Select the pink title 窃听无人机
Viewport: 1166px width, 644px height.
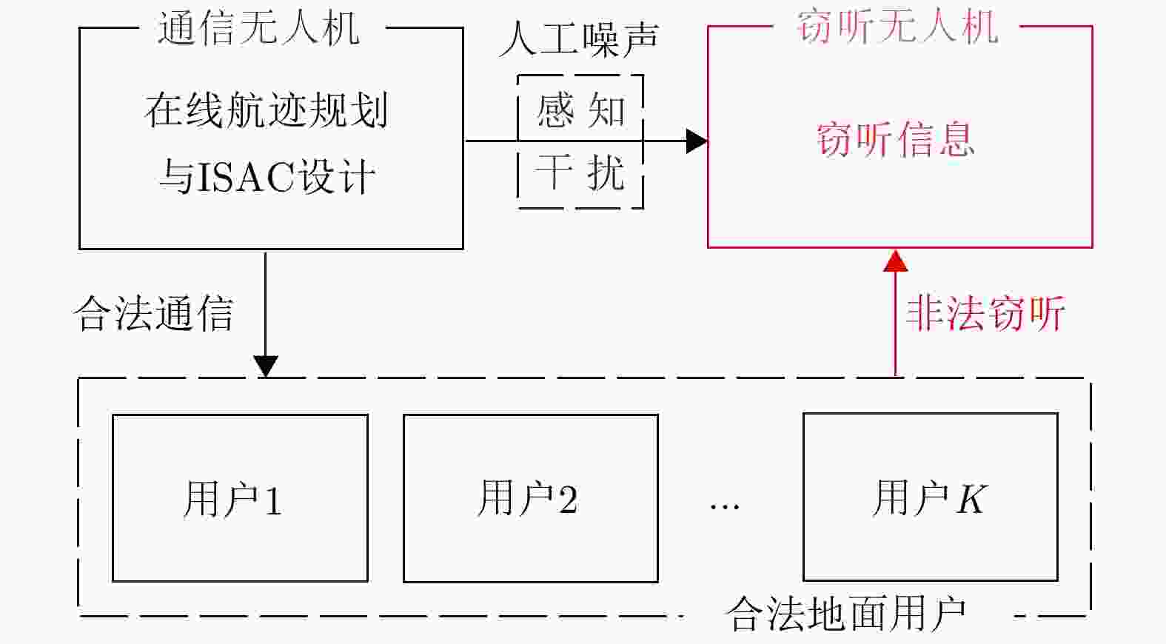point(897,27)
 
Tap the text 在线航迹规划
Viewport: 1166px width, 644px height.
point(266,110)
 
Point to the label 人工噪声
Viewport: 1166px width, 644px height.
point(579,38)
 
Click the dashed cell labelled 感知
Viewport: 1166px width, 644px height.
point(580,110)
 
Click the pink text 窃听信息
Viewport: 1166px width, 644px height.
point(895,139)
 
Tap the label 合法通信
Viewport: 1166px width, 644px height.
point(154,313)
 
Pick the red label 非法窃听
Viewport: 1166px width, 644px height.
point(985,313)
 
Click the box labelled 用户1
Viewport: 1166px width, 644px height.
point(240,498)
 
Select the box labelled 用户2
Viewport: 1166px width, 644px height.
point(530,498)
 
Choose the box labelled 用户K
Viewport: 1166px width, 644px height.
point(930,497)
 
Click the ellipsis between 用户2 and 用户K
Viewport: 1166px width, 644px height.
point(724,506)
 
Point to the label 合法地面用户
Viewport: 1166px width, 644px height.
point(846,614)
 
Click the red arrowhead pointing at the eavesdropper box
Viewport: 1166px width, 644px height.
point(896,261)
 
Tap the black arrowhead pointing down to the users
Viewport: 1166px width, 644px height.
point(265,366)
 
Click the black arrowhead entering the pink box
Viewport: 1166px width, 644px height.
point(696,141)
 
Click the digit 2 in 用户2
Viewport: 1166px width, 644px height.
point(568,500)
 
